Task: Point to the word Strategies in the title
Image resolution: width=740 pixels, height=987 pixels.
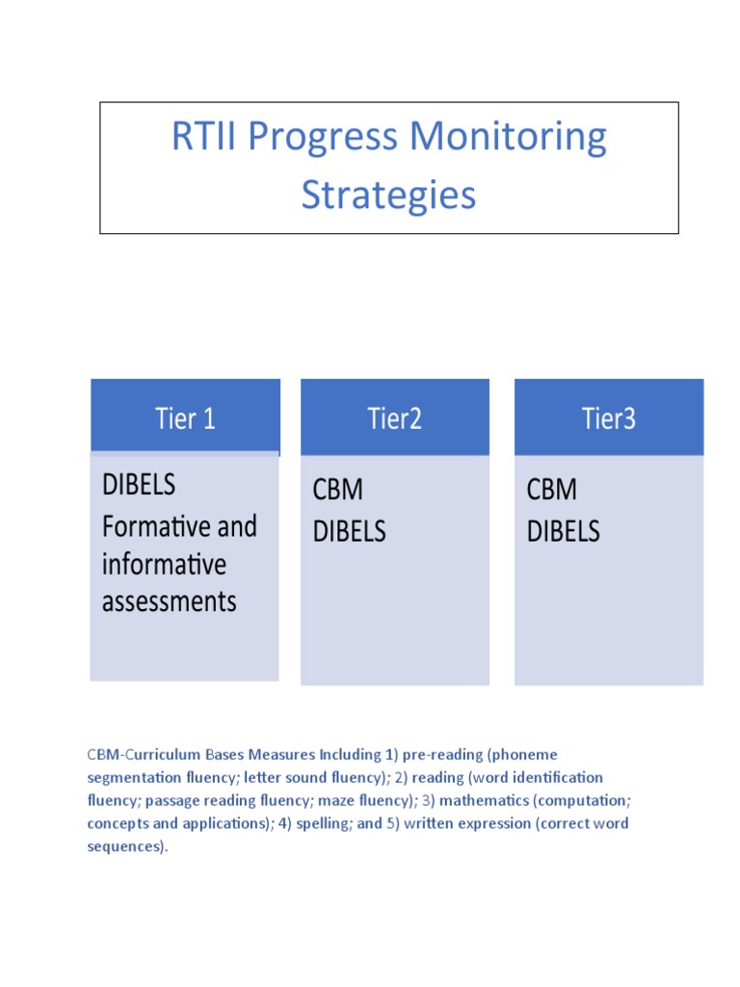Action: [x=388, y=195]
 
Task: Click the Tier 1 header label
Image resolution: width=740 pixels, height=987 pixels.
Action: [x=185, y=418]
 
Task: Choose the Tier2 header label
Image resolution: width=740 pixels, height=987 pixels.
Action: [x=395, y=418]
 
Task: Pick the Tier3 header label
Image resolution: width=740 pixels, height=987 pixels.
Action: [x=609, y=418]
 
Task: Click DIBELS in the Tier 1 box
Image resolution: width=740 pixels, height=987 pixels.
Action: [x=139, y=484]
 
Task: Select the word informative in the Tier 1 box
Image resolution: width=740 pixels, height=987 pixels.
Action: [x=164, y=564]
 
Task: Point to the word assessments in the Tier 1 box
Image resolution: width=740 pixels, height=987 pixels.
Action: [x=169, y=601]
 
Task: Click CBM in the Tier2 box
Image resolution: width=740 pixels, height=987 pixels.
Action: [x=338, y=490]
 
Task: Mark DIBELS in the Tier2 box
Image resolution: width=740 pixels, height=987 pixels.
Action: [x=349, y=531]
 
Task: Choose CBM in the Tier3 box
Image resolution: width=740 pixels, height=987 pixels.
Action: [x=552, y=490]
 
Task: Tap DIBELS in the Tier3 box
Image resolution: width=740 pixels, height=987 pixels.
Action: [x=564, y=531]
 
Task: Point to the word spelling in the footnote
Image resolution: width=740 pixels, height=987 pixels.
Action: [x=314, y=823]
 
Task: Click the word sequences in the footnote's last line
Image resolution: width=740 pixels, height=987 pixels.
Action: [x=124, y=846]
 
